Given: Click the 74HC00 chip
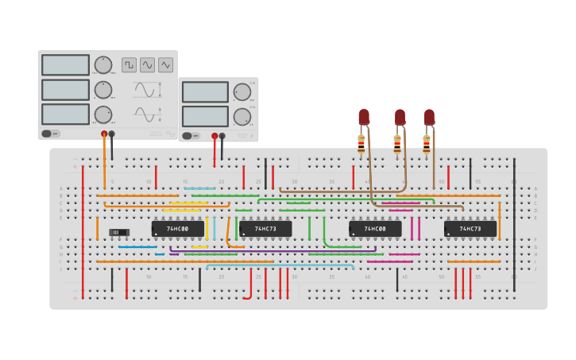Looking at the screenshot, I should click(x=178, y=229).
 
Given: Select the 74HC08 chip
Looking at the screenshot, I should click(x=375, y=229).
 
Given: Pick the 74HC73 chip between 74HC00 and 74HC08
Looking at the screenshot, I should click(x=265, y=229).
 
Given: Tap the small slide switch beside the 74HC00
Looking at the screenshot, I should click(x=119, y=232).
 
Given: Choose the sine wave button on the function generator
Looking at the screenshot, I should click(x=148, y=65).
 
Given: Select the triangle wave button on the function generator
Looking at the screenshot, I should click(x=166, y=65).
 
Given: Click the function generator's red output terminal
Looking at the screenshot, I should click(x=104, y=134).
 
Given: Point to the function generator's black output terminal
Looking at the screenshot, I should click(x=111, y=134).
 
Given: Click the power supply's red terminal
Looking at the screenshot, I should click(x=215, y=136).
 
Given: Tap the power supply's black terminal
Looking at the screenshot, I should click(x=222, y=136).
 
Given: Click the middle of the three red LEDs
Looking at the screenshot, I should click(x=400, y=117).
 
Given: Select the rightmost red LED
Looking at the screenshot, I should click(x=429, y=117).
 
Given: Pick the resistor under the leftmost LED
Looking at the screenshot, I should click(x=361, y=145).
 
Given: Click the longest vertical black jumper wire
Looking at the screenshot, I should click(x=514, y=225).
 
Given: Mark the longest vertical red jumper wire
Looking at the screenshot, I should click(x=83, y=230).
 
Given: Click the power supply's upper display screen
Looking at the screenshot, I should click(x=205, y=92).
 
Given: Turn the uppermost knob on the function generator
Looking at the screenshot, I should click(x=103, y=65).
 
